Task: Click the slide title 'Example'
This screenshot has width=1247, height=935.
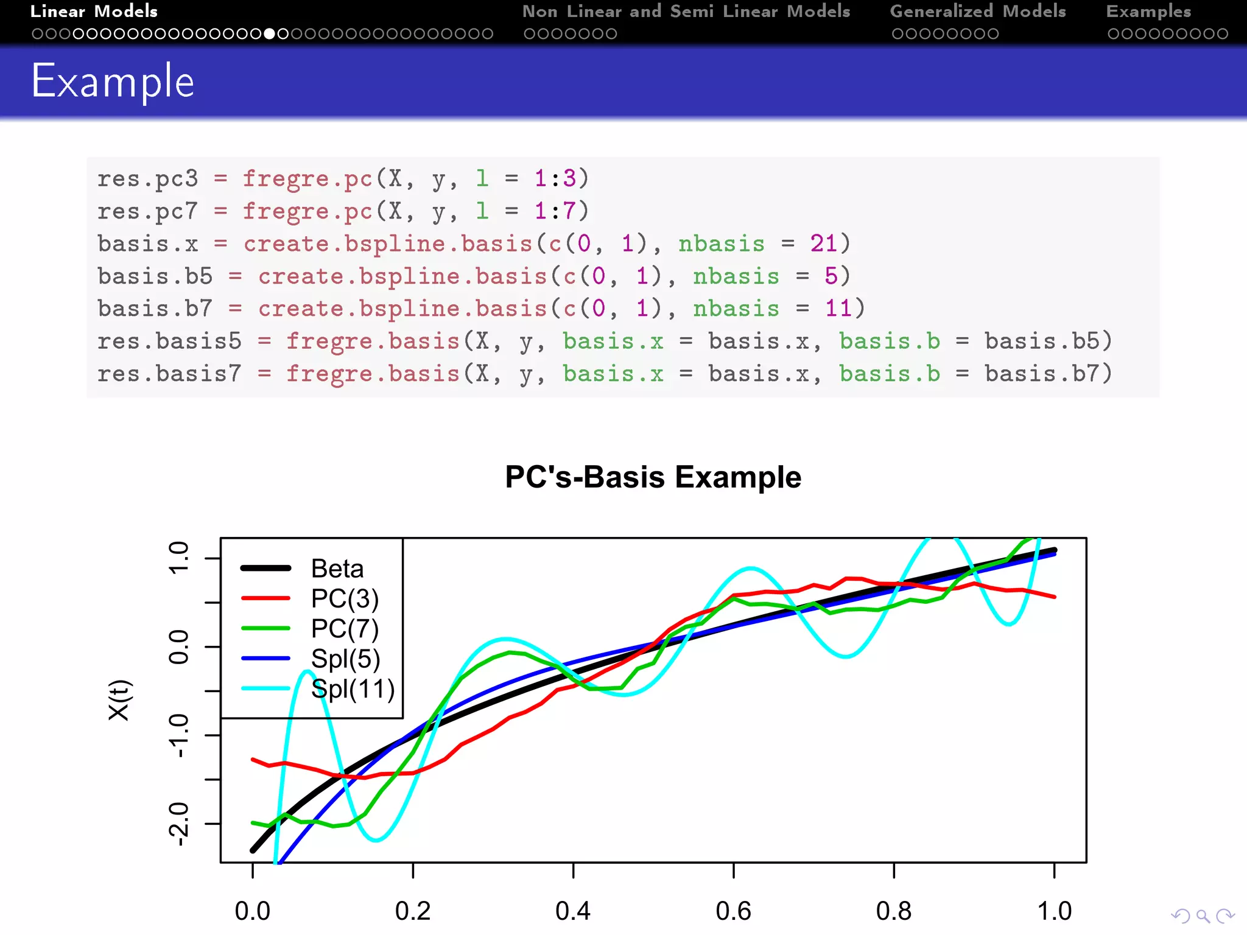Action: (x=113, y=82)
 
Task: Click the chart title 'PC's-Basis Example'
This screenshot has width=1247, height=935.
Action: (x=653, y=477)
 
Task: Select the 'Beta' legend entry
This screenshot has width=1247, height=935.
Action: (x=337, y=569)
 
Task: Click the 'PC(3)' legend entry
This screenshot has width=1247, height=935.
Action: (x=345, y=599)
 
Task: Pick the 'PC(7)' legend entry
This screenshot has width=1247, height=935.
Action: (x=345, y=629)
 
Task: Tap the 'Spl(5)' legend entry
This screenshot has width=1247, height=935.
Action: (x=345, y=659)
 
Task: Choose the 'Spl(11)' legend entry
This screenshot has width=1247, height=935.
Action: (x=353, y=689)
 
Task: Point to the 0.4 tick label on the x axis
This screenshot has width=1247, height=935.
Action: (x=573, y=911)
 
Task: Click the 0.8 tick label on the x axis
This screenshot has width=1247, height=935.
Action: (x=893, y=911)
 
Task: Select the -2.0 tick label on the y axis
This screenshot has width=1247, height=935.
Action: (x=179, y=824)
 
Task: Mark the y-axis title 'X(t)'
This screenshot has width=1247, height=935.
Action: (x=119, y=700)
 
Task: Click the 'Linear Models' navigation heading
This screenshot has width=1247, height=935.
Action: (x=94, y=12)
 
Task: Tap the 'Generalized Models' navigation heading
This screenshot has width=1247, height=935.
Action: (x=978, y=12)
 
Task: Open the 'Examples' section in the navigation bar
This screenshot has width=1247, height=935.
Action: (x=1148, y=12)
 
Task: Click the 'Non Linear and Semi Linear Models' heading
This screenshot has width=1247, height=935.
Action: (x=686, y=12)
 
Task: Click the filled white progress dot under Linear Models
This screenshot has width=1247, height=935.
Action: (x=270, y=34)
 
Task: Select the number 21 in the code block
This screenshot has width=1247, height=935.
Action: (x=823, y=243)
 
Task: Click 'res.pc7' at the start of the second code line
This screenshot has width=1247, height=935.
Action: (x=147, y=211)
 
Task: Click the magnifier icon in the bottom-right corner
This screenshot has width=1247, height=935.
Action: (x=1203, y=916)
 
